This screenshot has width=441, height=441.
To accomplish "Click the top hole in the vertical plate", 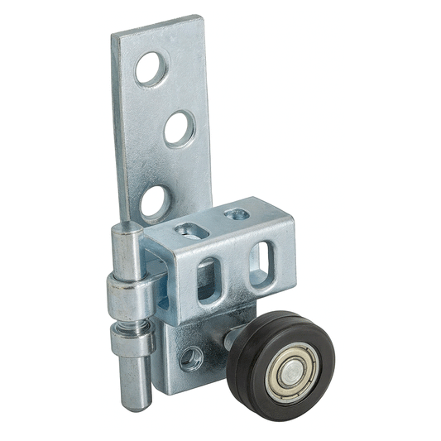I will tap(151, 70).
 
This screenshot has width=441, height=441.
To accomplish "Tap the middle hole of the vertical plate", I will tap(179, 128).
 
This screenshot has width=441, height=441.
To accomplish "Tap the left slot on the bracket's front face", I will tap(209, 279).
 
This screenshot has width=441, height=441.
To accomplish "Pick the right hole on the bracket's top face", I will tap(236, 214).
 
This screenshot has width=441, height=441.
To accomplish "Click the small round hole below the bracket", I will tap(191, 357).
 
